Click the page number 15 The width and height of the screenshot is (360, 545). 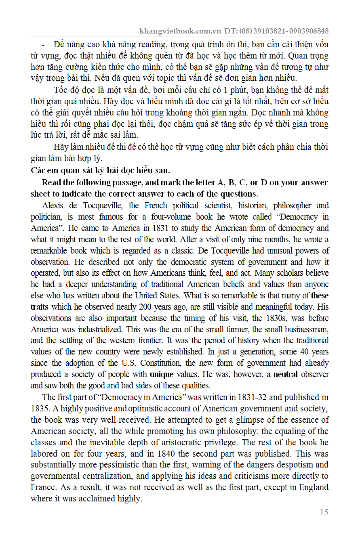click(x=324, y=512)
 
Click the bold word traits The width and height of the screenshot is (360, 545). click(x=39, y=306)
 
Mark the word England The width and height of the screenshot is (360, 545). click(x=314, y=487)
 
